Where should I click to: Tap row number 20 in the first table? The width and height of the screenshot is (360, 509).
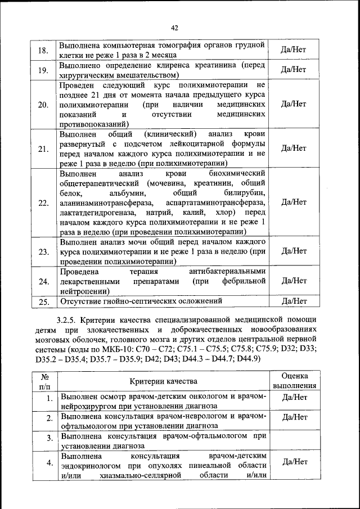click(43, 105)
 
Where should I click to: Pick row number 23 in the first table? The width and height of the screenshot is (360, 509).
click(43, 251)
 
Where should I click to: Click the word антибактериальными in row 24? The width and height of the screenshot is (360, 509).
click(228, 271)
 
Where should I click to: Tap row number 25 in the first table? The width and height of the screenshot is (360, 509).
click(43, 302)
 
